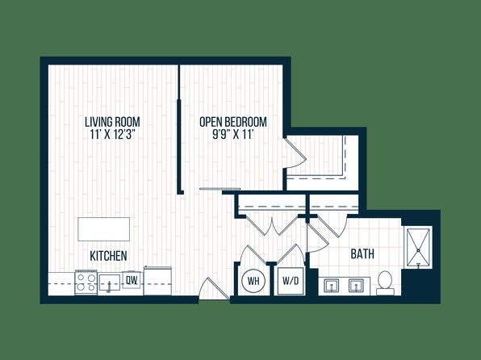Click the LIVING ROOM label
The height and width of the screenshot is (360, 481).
(x=112, y=122)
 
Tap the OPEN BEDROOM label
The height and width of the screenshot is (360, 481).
(x=233, y=122)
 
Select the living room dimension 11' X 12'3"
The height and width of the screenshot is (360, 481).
(x=113, y=135)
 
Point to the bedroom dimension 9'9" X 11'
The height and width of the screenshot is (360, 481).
(x=232, y=135)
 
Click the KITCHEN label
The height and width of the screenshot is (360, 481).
(x=108, y=256)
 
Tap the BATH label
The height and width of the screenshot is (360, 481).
(x=362, y=254)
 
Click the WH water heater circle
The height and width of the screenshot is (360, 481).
(x=253, y=281)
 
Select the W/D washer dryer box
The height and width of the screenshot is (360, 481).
(x=291, y=281)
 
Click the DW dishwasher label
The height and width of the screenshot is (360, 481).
(x=132, y=280)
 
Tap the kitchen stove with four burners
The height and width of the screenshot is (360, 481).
(x=86, y=283)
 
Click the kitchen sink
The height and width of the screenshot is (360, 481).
(x=109, y=283)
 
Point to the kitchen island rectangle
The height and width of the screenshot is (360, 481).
(x=103, y=229)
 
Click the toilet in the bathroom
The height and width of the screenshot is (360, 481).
(x=385, y=283)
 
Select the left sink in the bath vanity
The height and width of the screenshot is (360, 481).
(x=332, y=286)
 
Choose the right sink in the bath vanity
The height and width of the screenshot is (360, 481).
(x=356, y=286)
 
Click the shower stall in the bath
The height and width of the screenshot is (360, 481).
(x=418, y=249)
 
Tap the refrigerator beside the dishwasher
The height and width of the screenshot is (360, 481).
(x=157, y=281)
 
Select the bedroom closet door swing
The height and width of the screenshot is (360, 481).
(x=295, y=153)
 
